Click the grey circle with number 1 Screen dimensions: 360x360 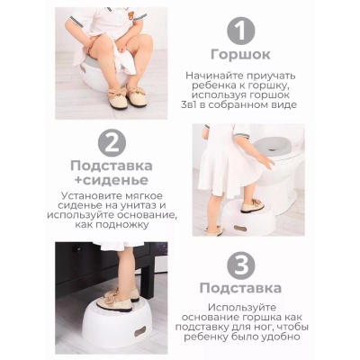[240, 31]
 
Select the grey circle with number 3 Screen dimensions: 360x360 [241, 265]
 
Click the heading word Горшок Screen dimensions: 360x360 [240, 55]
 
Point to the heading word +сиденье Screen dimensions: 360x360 [112, 180]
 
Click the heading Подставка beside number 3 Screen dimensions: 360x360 [240, 288]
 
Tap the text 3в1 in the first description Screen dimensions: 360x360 [189, 105]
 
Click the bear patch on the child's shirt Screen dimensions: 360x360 [130, 15]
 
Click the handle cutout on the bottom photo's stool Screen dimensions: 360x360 [139, 332]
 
